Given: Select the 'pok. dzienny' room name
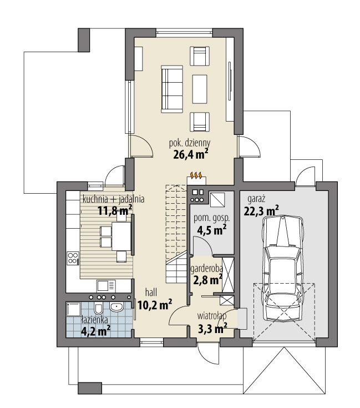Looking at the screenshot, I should (x=189, y=143).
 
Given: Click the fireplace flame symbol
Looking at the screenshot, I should (x=196, y=176).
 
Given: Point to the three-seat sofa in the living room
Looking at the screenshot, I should (x=172, y=88).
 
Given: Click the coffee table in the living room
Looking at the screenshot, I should (x=200, y=88).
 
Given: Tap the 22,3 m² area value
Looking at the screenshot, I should (x=261, y=210).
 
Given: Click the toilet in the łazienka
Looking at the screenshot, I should (x=98, y=308).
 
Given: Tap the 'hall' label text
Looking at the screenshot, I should (x=151, y=291).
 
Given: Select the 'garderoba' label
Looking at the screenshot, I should (x=206, y=269).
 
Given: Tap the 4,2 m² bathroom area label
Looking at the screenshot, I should (x=95, y=331).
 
